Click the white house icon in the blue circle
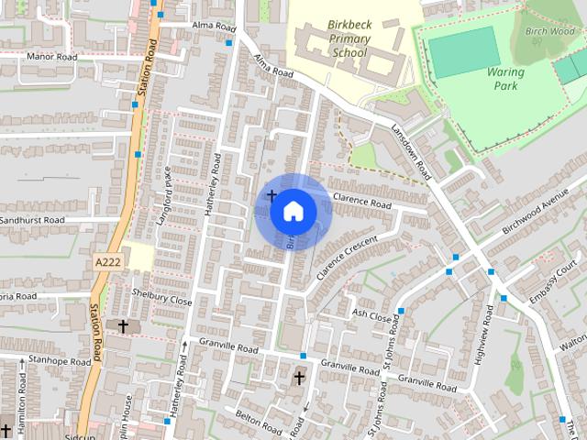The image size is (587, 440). pos(293,212)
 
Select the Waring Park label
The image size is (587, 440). pos(504,78)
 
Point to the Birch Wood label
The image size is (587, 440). pos(548,31)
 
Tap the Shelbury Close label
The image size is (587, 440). pos(162,300)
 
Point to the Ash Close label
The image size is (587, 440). pos(371,313)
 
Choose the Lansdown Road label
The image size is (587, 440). pos(410,151)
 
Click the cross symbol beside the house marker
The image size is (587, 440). pos(271,195)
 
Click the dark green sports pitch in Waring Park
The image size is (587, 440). pos(464,51)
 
